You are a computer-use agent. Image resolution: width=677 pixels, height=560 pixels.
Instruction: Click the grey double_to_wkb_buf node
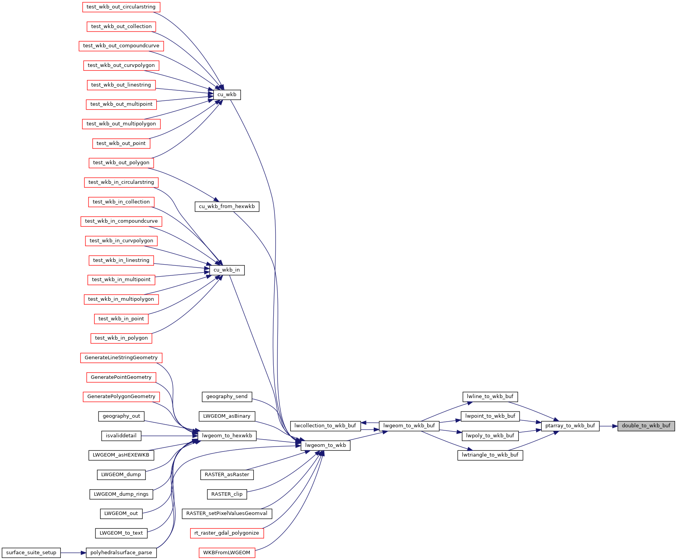646,426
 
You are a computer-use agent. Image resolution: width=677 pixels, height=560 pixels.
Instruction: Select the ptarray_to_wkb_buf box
570,426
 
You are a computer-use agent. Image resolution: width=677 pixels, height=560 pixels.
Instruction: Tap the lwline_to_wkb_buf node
490,397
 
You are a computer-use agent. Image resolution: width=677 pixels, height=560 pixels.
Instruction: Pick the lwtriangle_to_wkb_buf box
490,455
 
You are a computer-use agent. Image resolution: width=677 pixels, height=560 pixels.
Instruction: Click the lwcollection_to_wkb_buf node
325,426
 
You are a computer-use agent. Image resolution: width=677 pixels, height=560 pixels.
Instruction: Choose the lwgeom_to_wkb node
325,445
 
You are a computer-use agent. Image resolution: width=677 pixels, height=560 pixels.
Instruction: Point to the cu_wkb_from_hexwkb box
227,207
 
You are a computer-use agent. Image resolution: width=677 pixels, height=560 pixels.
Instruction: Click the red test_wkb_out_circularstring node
121,7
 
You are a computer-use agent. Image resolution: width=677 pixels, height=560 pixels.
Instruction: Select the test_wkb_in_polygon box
121,338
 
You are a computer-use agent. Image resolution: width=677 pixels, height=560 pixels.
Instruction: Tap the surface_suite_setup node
31,553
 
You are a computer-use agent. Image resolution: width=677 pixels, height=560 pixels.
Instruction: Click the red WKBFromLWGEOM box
227,553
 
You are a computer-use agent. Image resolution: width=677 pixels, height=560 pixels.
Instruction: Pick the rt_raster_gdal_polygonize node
227,533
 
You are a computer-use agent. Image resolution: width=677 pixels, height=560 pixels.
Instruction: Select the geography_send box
227,397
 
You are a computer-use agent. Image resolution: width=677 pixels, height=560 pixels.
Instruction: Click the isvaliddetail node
121,436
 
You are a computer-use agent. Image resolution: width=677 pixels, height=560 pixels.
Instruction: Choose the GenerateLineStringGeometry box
121,358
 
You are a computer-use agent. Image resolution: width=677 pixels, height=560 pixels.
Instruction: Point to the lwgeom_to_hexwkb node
227,436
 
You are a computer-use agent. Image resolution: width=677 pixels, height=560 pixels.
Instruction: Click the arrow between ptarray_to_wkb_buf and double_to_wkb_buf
608,426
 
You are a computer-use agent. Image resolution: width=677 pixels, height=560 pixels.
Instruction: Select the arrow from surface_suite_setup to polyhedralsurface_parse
73,553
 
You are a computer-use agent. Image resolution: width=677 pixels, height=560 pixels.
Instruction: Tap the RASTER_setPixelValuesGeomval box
227,513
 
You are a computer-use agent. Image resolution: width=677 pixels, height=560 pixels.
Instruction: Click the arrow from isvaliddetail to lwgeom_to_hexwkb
169,436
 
